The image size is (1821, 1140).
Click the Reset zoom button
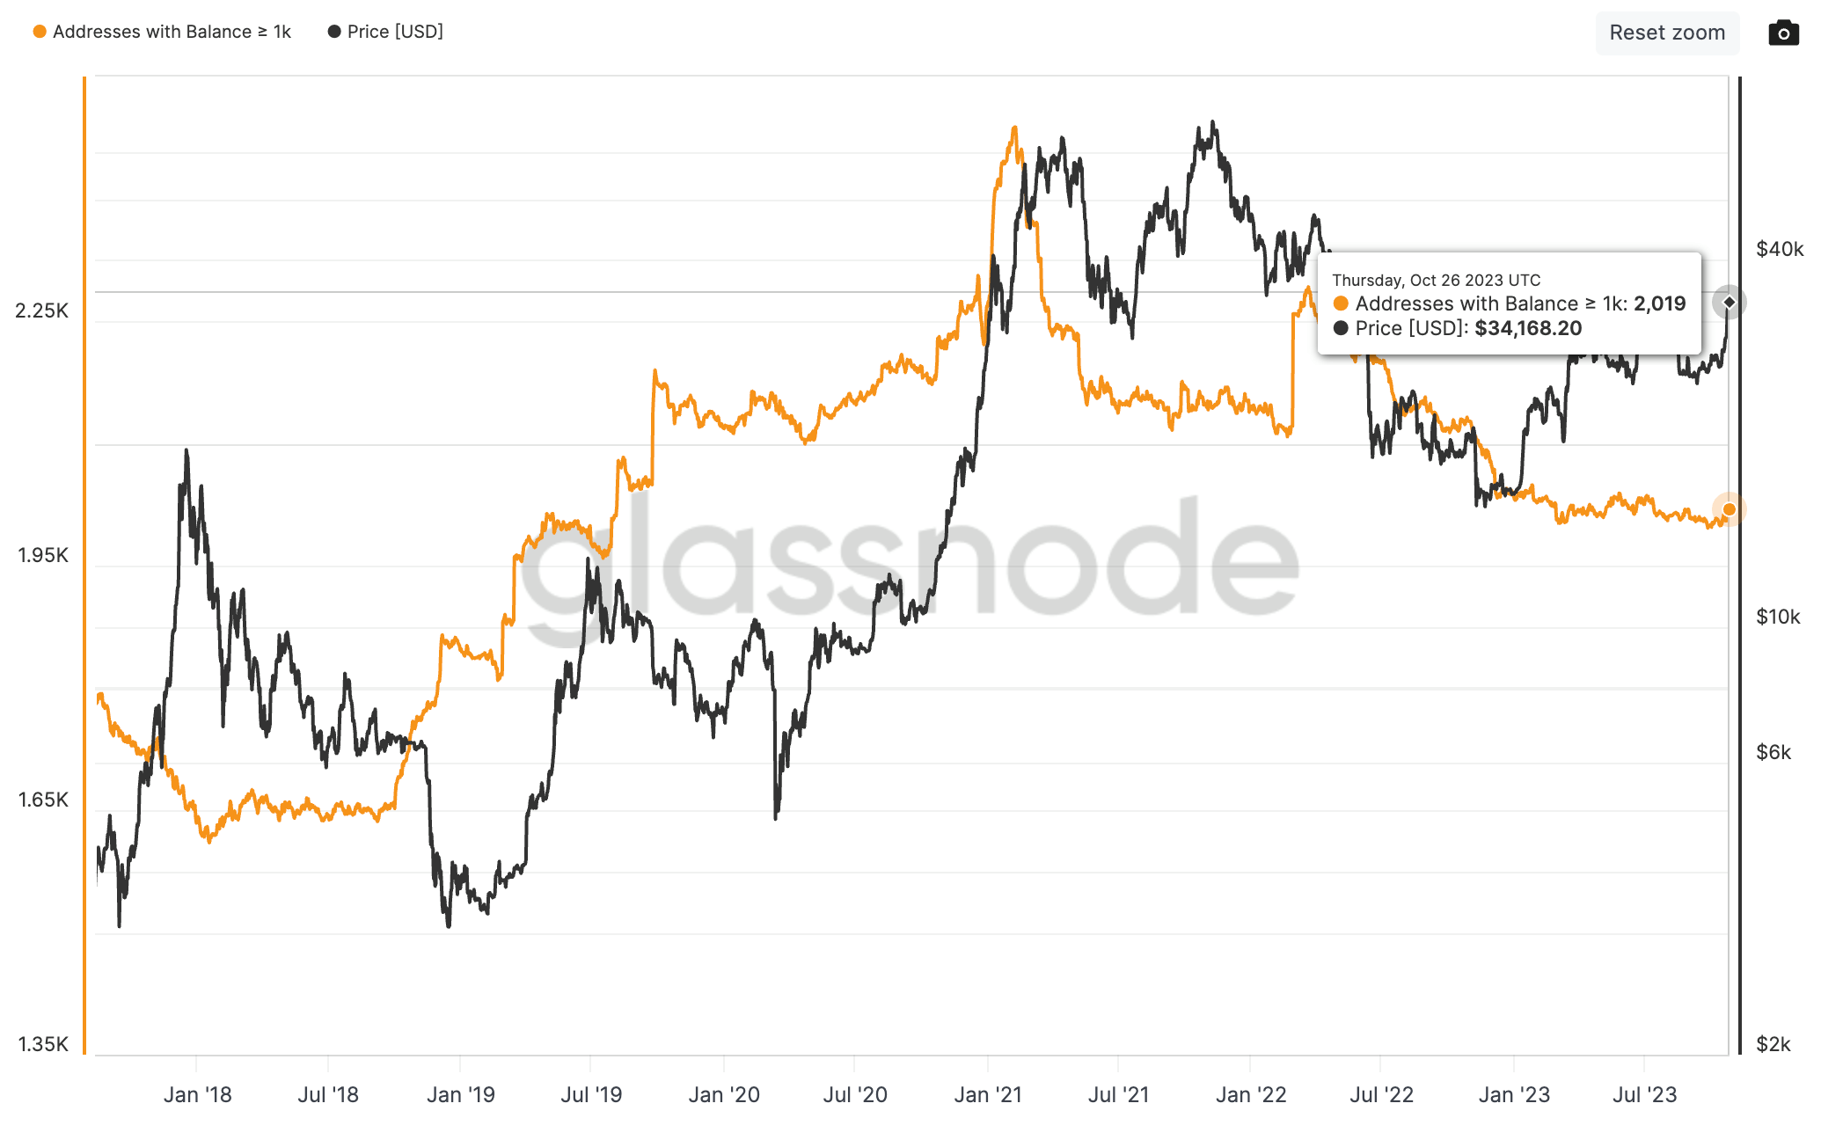coord(1667,33)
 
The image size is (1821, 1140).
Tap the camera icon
coord(1783,33)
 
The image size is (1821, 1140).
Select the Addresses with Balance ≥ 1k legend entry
coord(163,32)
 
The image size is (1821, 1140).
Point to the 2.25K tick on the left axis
coord(41,311)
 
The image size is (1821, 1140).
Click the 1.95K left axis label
coord(42,555)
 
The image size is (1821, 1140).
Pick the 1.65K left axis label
coord(42,800)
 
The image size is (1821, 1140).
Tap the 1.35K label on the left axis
coord(42,1044)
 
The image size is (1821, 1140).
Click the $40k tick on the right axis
coord(1779,249)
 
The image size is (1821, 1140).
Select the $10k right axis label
coord(1778,617)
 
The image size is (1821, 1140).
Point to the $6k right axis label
coord(1773,752)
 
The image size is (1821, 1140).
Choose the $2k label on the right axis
coord(1773,1044)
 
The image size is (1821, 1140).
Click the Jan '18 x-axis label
coord(197,1095)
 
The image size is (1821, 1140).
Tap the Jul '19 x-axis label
coord(591,1095)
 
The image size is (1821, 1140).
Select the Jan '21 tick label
coord(988,1095)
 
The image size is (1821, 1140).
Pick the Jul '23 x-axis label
coord(1644,1095)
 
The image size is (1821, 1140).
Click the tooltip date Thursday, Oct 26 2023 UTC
coord(1436,281)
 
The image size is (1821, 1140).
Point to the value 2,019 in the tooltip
coord(1659,304)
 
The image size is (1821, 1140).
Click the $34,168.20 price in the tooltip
coord(1528,329)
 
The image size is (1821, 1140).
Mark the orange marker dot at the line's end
coord(1729,509)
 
